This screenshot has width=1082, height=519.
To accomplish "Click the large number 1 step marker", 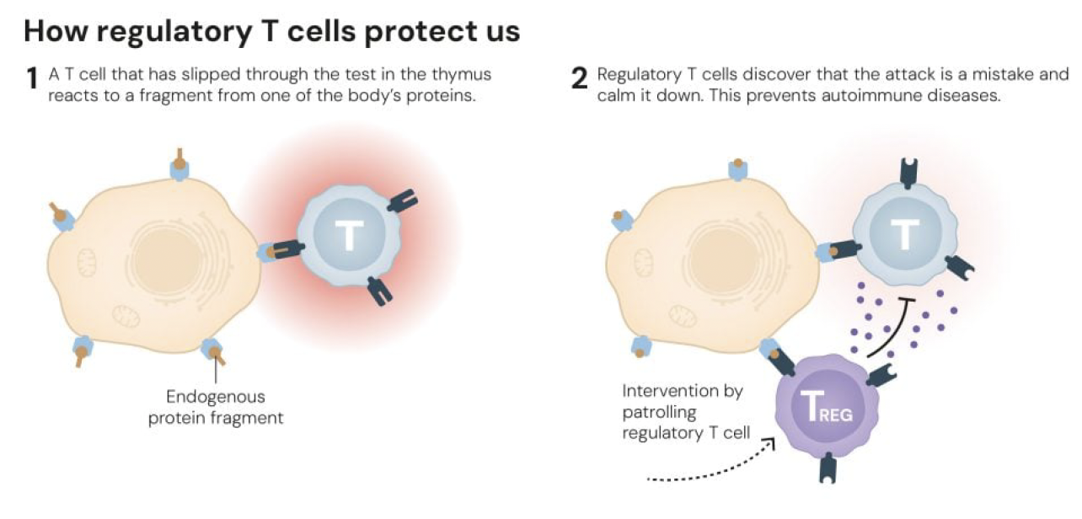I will point(32,80).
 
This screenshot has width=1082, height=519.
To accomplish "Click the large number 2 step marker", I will point(579,78).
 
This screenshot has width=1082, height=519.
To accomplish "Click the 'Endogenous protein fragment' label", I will point(216,407).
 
